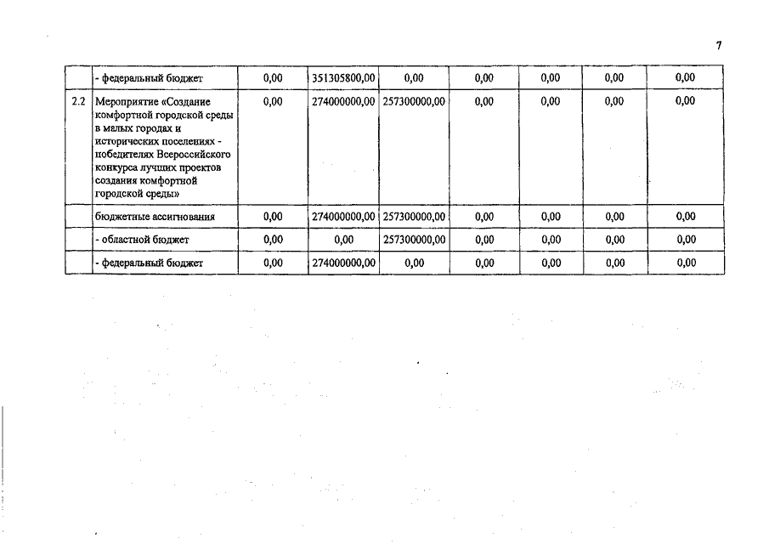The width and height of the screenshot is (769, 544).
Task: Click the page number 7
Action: pos(718,46)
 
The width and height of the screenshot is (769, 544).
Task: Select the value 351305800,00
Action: pos(343,78)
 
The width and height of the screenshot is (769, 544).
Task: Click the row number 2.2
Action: pos(78,101)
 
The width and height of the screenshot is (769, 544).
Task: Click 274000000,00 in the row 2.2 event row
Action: pos(343,101)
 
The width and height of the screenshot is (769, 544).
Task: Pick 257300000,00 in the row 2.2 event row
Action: pos(414,101)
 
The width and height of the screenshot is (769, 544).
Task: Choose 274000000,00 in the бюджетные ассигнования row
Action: pos(343,217)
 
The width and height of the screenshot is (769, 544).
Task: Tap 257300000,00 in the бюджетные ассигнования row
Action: pos(414,217)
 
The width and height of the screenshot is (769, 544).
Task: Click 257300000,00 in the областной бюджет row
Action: pos(414,240)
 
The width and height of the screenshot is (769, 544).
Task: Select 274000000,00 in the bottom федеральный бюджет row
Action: pos(343,263)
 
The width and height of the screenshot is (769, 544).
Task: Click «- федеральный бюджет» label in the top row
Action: pos(148,78)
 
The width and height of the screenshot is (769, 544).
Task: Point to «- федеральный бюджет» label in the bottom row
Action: pos(148,263)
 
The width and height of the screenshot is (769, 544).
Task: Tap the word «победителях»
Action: pos(125,156)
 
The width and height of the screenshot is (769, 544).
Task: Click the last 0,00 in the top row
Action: pos(685,78)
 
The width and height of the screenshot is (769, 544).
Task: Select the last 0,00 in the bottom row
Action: pos(685,263)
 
